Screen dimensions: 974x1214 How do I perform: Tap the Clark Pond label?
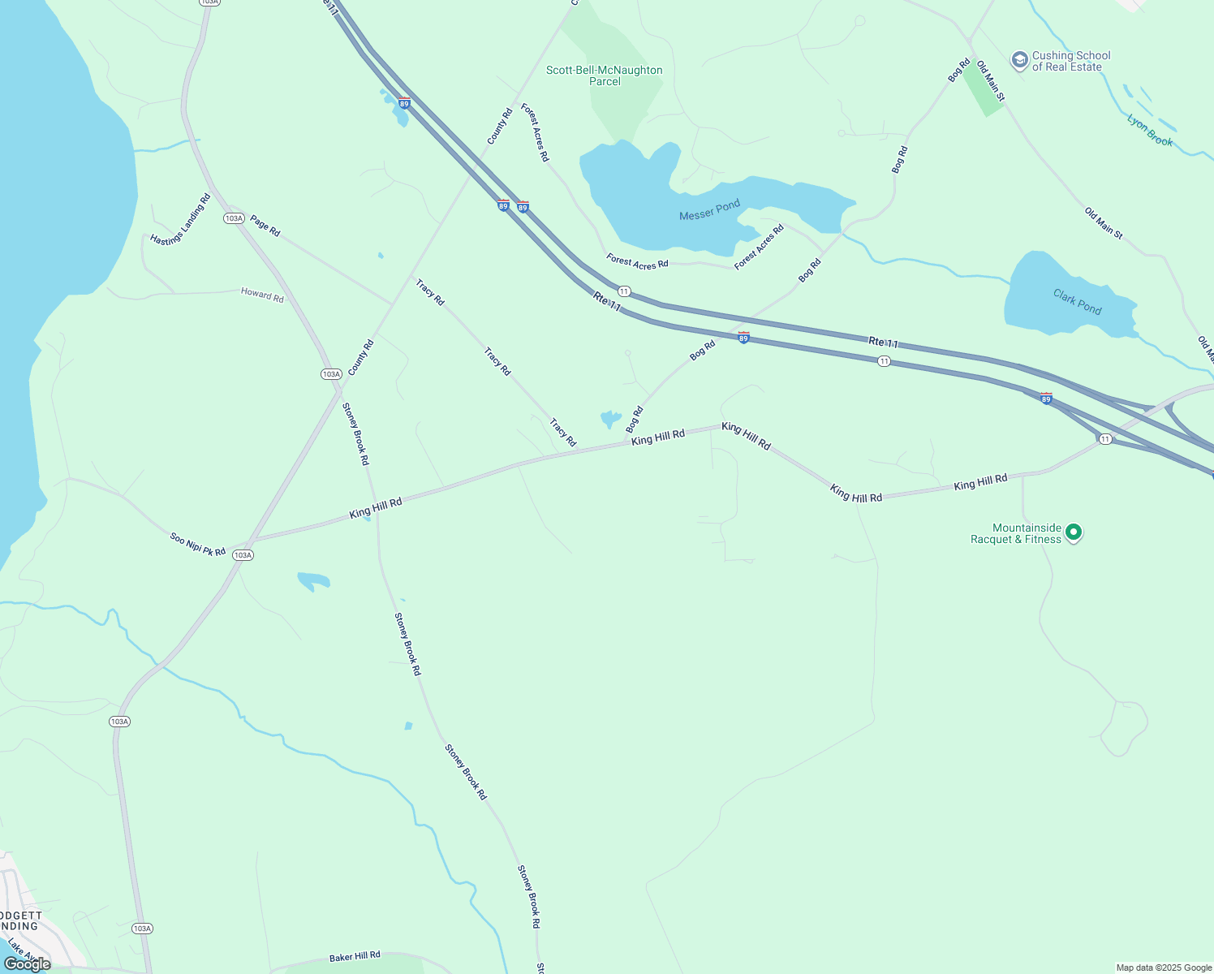pyautogui.click(x=1077, y=301)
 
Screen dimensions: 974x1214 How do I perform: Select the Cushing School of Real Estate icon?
pyautogui.click(x=1019, y=60)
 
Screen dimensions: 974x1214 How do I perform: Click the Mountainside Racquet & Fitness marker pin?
pyautogui.click(x=1073, y=532)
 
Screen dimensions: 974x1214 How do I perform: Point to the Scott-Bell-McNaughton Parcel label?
pyautogui.click(x=605, y=75)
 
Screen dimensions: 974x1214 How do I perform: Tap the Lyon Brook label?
pyautogui.click(x=1150, y=130)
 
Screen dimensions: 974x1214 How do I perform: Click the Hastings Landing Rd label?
pyautogui.click(x=180, y=219)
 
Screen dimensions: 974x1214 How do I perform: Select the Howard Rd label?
pyautogui.click(x=262, y=295)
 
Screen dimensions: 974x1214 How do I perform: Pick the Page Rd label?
pyautogui.click(x=265, y=226)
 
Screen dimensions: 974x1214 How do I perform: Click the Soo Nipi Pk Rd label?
pyautogui.click(x=197, y=544)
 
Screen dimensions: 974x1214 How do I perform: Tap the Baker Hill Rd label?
pyautogui.click(x=355, y=957)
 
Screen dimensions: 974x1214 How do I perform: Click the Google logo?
pyautogui.click(x=28, y=963)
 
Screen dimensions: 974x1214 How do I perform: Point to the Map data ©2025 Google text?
pyautogui.click(x=1163, y=968)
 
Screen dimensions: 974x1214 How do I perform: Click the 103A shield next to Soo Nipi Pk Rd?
pyautogui.click(x=243, y=555)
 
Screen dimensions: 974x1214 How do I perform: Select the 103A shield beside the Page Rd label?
pyautogui.click(x=234, y=218)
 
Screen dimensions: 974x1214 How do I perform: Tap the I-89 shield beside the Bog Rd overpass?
pyautogui.click(x=743, y=337)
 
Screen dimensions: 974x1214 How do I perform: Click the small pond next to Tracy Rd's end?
pyautogui.click(x=610, y=419)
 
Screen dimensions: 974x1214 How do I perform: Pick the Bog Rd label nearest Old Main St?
pyautogui.click(x=958, y=70)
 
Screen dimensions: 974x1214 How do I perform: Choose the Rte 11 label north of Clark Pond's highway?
pyautogui.click(x=882, y=343)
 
